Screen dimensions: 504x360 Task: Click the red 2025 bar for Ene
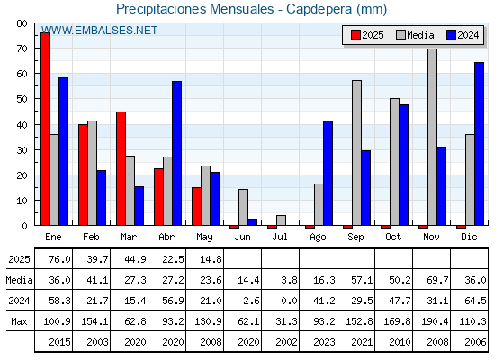[x=45, y=129]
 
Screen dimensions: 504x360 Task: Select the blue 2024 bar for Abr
[x=176, y=153]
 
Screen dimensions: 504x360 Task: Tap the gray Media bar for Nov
[x=432, y=137]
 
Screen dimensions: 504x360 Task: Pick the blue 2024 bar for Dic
[x=479, y=144]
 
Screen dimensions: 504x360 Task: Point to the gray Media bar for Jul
[x=281, y=220]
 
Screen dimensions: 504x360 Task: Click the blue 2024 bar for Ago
[x=328, y=173]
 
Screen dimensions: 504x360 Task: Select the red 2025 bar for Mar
[x=121, y=169]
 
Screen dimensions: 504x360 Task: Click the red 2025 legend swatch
[x=355, y=35]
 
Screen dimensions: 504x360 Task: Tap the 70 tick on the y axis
[x=22, y=49]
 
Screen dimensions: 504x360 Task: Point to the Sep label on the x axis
[x=355, y=238]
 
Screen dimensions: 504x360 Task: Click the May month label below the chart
[x=204, y=238]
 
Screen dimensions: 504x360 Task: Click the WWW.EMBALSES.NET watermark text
[x=99, y=31]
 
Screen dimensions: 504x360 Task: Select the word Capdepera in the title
[x=319, y=9]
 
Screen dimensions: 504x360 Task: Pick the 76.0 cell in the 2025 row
[x=59, y=259]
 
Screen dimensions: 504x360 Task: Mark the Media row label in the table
[x=19, y=280]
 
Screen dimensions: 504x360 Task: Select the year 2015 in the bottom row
[x=59, y=342]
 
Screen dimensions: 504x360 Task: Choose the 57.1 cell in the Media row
[x=362, y=280]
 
